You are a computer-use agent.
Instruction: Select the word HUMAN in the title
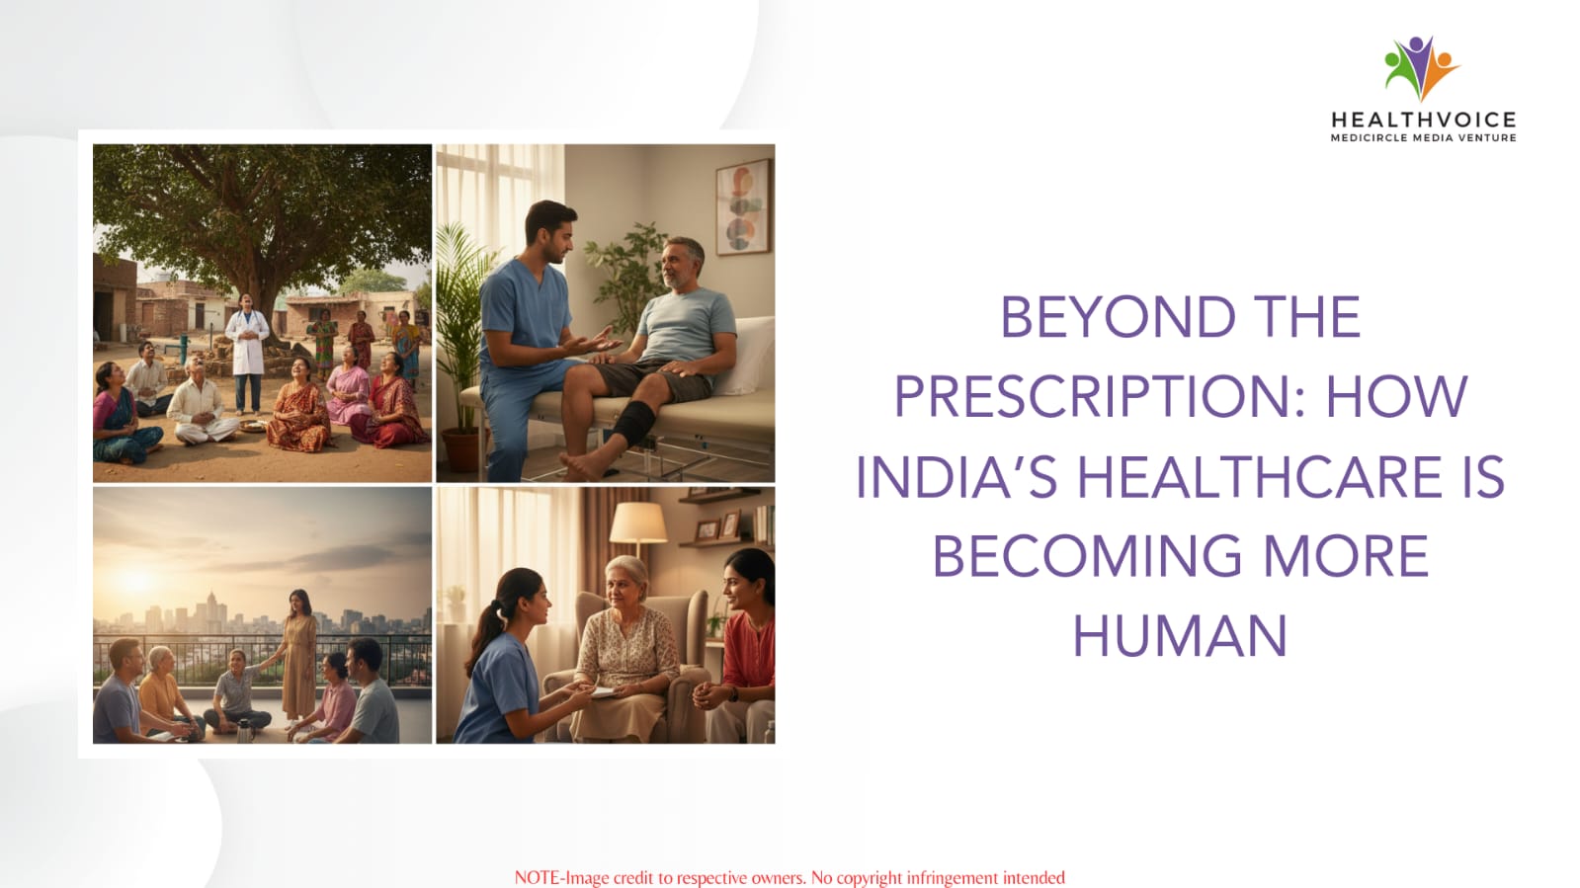[x=1180, y=636]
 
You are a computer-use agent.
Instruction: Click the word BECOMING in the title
[x=1087, y=556]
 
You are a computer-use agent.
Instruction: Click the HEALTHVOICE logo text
[x=1424, y=120]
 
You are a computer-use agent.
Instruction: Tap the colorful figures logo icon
[x=1421, y=68]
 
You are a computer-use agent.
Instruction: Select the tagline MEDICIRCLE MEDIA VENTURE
[x=1424, y=137]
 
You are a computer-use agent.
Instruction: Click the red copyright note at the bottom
[x=790, y=878]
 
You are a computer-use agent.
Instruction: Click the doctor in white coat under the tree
[x=247, y=353]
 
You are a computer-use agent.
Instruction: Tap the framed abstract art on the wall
[x=743, y=206]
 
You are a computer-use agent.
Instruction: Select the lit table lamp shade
[x=637, y=523]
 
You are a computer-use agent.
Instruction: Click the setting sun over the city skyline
[x=136, y=580]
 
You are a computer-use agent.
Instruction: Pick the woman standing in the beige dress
[x=299, y=656]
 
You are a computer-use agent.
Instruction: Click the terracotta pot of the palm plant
[x=461, y=451]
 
